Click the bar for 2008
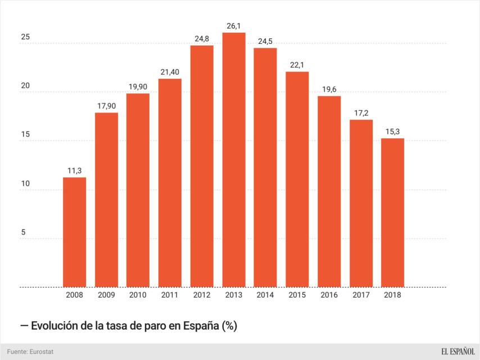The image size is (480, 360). click(x=74, y=232)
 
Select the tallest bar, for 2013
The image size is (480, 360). click(x=233, y=160)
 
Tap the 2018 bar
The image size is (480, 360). click(x=392, y=213)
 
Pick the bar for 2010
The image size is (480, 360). click(x=138, y=190)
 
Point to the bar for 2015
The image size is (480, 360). click(x=297, y=179)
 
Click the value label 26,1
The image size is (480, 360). click(x=233, y=26)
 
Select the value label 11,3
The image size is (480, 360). click(x=74, y=170)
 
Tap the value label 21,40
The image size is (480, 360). click(x=170, y=72)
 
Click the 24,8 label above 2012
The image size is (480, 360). click(x=202, y=38)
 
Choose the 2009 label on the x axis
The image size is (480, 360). click(x=106, y=295)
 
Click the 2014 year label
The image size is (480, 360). click(x=265, y=295)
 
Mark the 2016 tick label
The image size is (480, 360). click(x=329, y=295)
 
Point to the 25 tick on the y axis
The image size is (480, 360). click(x=25, y=38)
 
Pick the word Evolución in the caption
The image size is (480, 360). click(x=56, y=326)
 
